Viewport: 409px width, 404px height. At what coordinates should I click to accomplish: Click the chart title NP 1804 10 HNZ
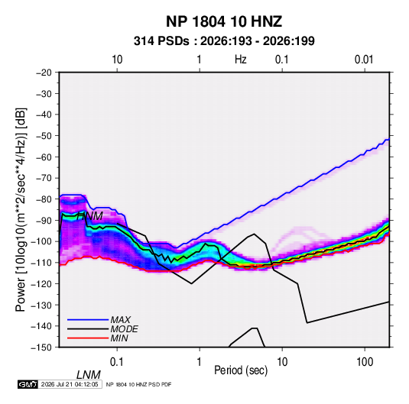224,21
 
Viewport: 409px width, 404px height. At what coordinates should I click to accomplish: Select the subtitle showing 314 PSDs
224,41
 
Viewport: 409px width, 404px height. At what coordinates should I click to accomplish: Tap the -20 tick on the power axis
44,73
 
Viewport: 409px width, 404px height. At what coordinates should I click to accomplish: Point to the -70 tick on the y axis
44,178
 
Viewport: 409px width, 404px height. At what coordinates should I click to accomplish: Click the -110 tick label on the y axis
41,263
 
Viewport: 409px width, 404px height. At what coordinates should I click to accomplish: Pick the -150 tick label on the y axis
41,347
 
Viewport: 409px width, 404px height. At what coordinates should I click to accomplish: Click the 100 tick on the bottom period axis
365,362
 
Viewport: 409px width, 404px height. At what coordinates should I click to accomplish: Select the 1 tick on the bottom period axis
200,362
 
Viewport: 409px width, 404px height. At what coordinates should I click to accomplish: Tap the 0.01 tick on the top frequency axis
364,60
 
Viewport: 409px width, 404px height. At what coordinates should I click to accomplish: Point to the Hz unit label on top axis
241,60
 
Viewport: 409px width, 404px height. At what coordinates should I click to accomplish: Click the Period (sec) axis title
241,370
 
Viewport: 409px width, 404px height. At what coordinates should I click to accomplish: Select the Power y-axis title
21,210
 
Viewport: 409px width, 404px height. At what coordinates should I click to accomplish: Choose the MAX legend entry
121,319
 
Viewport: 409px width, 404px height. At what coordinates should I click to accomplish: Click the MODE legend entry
124,329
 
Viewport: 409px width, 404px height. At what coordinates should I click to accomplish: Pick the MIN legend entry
119,338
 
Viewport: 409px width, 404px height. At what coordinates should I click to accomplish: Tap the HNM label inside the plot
89,216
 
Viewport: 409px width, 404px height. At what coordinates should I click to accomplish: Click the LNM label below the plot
89,375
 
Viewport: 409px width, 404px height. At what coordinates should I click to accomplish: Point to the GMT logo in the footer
28,384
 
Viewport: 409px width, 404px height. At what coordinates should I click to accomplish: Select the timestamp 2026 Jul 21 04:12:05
70,384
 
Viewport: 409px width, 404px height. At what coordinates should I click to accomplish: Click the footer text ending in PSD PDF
139,384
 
